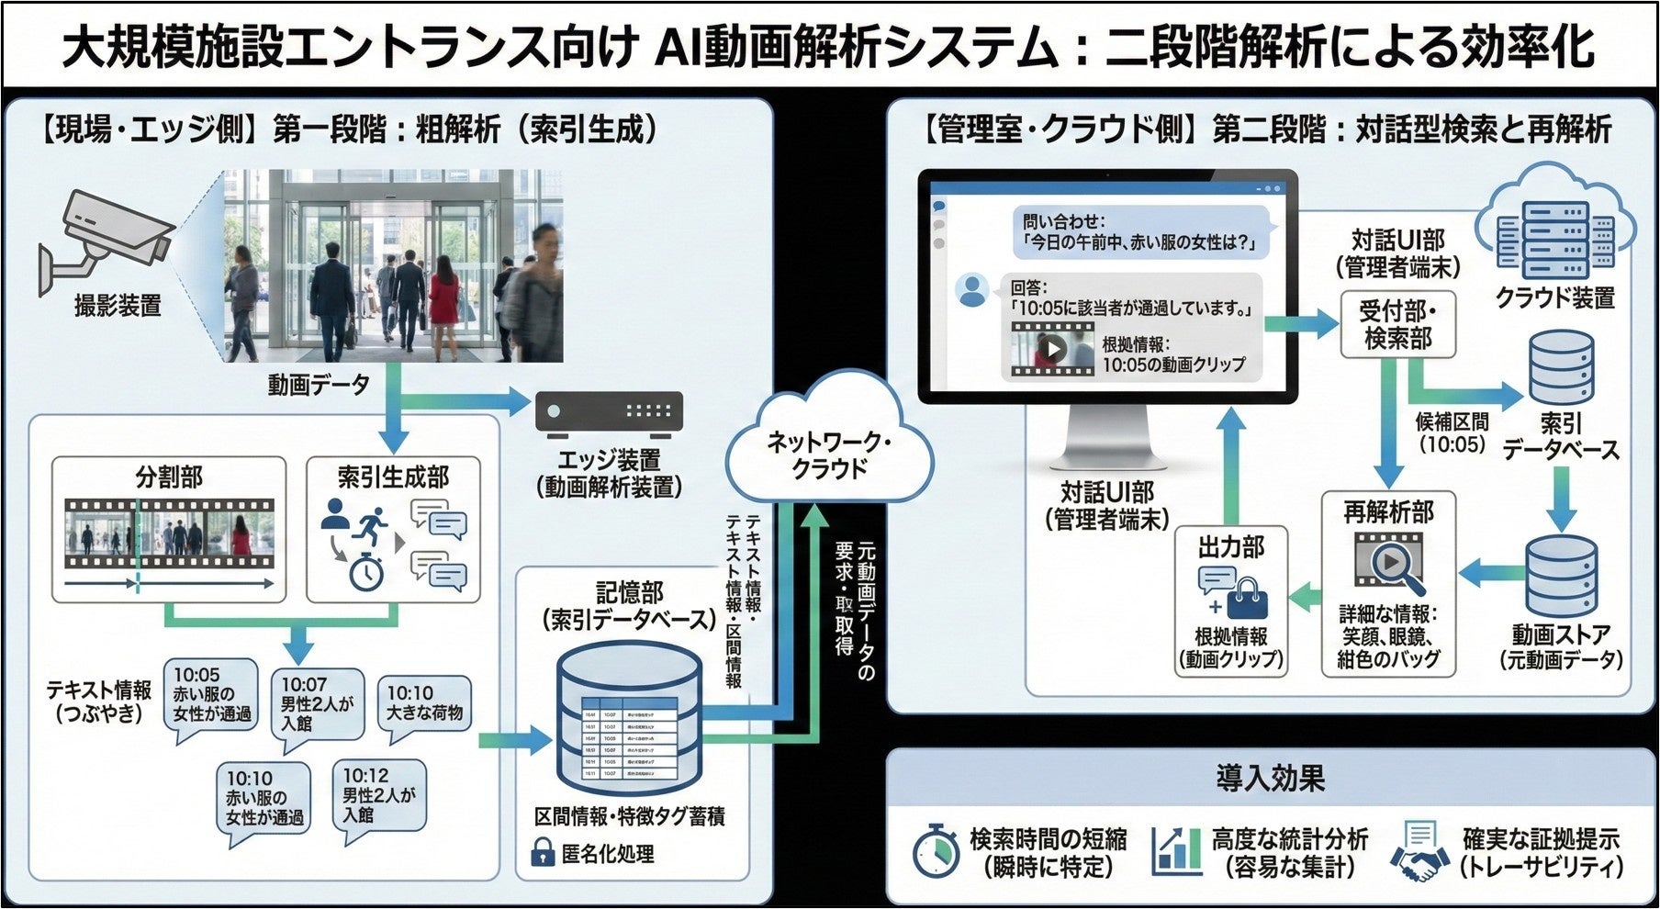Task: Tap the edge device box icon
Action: point(609,412)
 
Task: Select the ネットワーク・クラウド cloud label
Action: point(829,454)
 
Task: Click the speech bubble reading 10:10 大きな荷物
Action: point(424,703)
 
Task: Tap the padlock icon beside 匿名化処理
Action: point(544,853)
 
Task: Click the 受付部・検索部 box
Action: point(1397,324)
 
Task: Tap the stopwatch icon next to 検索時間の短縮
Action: point(936,851)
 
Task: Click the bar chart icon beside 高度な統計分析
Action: point(1177,851)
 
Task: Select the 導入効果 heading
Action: point(1271,779)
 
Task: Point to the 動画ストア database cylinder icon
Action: point(1561,577)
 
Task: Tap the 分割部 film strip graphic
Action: point(169,533)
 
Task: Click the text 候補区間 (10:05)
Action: point(1452,432)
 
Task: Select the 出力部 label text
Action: point(1230,548)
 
